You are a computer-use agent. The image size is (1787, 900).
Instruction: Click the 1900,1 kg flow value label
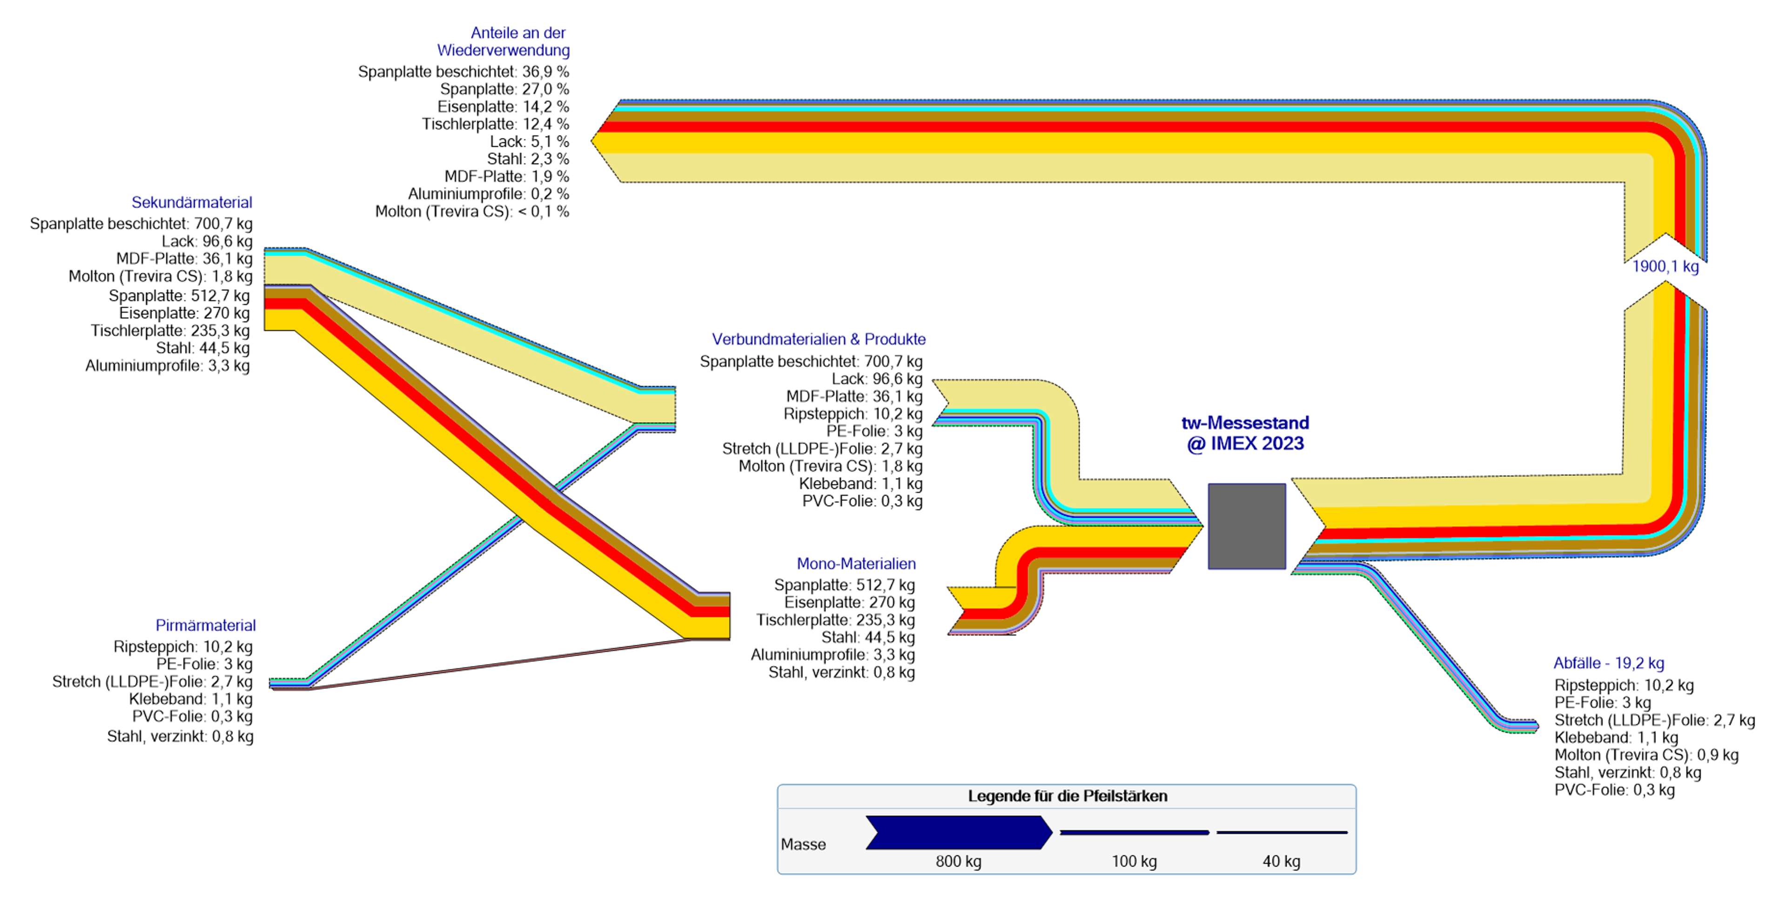coord(1665,266)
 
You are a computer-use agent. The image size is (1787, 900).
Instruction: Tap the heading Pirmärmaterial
coord(205,625)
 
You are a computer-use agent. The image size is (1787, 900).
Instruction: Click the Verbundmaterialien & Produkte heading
coord(819,339)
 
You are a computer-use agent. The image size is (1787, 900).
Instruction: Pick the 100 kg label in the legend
coord(1134,861)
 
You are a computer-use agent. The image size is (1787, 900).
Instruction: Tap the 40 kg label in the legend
coord(1281,861)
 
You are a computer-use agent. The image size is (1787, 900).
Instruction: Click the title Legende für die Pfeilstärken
coord(1067,796)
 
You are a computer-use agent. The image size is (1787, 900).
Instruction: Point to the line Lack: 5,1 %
coord(529,142)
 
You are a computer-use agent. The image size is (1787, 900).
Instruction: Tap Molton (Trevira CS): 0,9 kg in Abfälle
coord(1646,755)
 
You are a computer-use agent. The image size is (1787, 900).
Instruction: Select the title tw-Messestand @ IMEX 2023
coord(1245,433)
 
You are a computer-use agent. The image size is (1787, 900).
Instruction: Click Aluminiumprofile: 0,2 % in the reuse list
coord(488,194)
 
